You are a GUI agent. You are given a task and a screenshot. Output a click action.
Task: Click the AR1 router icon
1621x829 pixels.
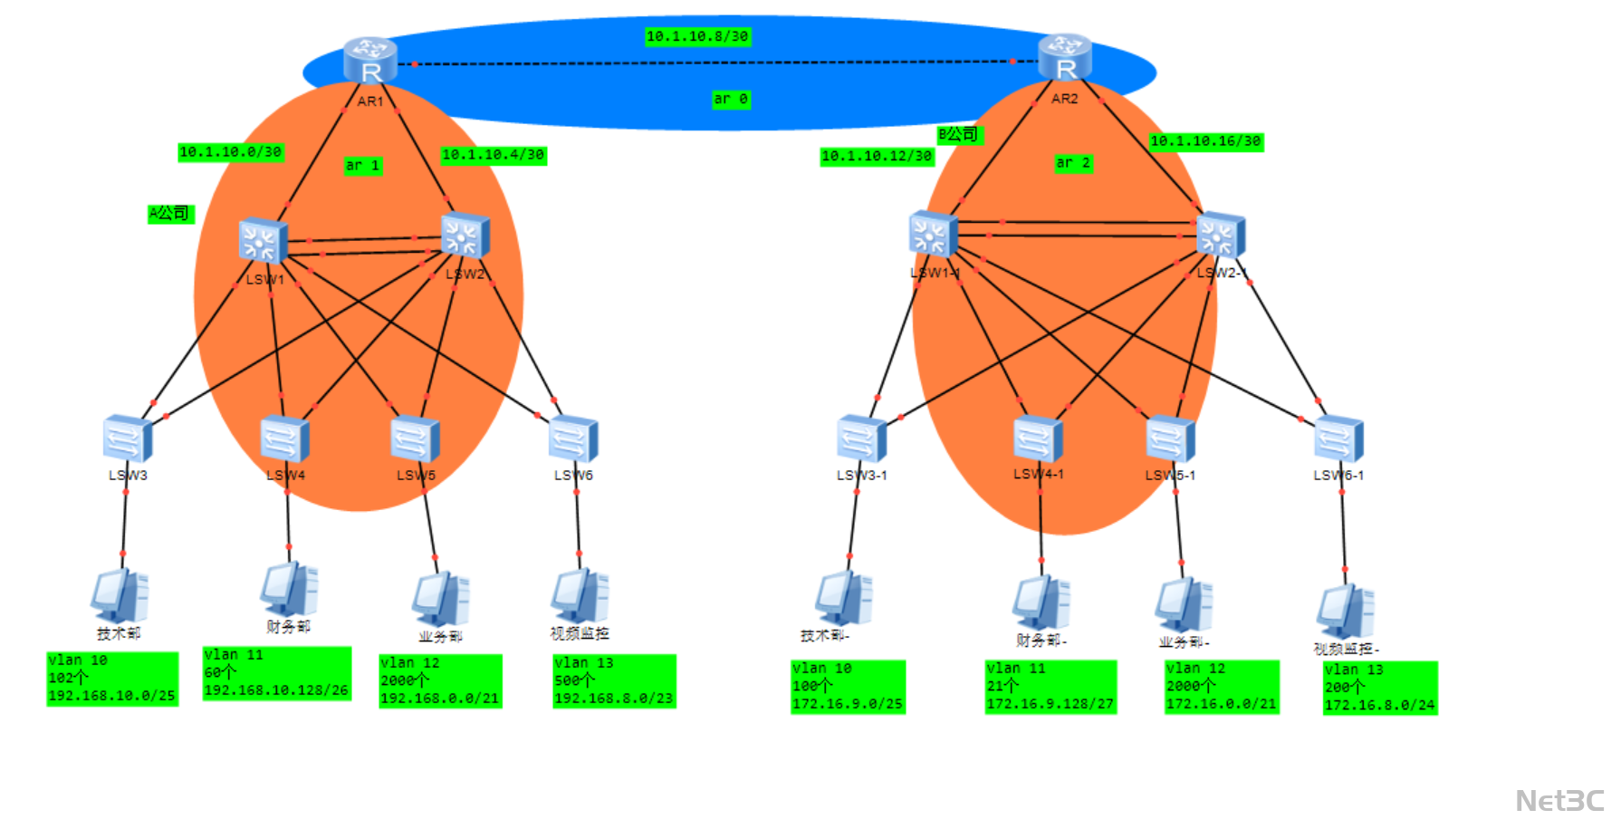point(370,60)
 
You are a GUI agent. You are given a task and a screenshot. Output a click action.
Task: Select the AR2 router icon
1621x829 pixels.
point(1065,57)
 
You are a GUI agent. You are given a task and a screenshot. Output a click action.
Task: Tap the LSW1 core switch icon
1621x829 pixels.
point(263,241)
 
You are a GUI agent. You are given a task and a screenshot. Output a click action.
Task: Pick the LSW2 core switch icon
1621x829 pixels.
point(465,236)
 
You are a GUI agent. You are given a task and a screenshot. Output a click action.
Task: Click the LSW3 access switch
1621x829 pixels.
point(127,439)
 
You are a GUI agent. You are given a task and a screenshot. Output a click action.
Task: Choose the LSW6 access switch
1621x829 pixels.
point(572,439)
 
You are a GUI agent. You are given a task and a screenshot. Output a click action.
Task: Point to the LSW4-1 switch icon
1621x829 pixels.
point(1038,439)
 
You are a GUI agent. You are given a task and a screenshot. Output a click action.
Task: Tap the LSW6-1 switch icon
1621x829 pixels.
point(1338,439)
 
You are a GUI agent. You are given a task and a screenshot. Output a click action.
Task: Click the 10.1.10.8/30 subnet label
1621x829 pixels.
point(697,36)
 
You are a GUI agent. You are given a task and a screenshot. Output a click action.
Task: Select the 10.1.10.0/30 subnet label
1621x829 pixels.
point(231,152)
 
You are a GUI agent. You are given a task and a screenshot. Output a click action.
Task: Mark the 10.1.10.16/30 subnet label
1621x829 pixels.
point(1205,141)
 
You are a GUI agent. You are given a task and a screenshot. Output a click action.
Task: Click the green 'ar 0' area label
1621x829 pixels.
point(731,99)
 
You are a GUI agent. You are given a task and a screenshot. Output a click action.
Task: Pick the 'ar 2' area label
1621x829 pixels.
point(1073,163)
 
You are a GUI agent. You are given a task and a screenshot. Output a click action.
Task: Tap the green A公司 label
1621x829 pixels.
point(170,214)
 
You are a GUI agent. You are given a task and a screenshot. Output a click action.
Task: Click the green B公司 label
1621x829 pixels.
point(959,135)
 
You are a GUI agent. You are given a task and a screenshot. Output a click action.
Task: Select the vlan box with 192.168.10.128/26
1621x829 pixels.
point(276,673)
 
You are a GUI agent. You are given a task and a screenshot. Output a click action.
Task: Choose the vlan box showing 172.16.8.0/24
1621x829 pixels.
point(1379,688)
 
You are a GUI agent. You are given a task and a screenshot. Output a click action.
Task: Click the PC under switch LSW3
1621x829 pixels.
point(120,595)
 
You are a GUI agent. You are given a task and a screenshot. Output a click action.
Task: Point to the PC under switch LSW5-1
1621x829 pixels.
point(1184,604)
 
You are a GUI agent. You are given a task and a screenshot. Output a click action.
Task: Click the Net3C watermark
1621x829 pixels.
point(1559,801)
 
